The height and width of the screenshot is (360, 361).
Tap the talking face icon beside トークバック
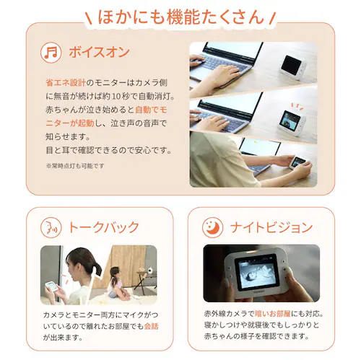click(51, 227)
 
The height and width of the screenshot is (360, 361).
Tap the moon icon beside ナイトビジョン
click(214, 227)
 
